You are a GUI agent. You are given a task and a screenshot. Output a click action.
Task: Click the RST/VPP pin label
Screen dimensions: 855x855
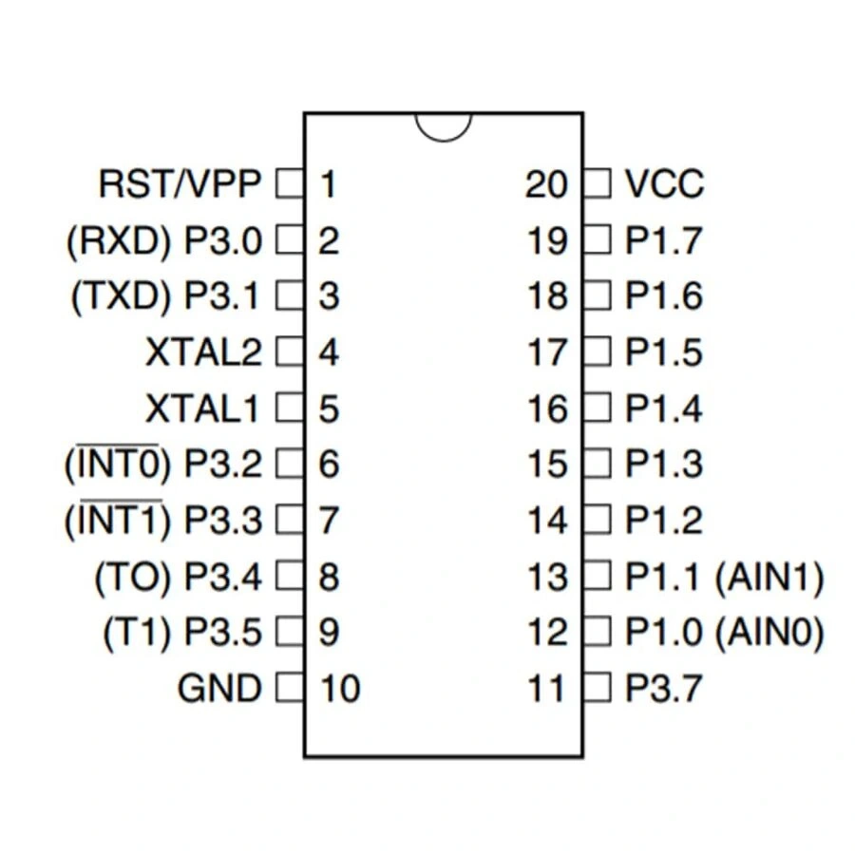(179, 183)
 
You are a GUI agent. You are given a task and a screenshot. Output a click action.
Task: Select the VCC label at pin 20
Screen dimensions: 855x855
(665, 183)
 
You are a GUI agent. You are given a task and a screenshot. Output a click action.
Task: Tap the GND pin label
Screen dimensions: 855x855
(218, 688)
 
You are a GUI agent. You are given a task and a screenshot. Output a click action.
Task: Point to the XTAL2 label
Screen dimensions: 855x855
(202, 352)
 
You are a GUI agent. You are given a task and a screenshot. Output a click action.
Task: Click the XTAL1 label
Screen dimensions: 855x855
(202, 408)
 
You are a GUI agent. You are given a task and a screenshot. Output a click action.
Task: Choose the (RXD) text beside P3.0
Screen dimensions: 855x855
(118, 240)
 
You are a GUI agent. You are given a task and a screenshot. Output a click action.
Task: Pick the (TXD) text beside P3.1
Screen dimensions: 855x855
(120, 296)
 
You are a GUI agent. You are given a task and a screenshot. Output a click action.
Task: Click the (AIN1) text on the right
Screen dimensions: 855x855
(769, 576)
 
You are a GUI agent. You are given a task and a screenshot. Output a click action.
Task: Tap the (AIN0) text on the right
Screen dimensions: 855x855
(769, 632)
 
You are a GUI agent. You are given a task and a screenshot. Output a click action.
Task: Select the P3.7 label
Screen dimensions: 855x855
(664, 688)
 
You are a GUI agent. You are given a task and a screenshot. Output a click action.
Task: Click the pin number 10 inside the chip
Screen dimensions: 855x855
(339, 688)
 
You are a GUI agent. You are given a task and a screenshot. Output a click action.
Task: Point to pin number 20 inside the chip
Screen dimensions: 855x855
(546, 183)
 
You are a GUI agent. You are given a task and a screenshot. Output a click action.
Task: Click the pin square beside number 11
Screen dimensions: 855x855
(598, 687)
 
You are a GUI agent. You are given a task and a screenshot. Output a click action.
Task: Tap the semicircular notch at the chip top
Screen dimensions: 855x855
(444, 126)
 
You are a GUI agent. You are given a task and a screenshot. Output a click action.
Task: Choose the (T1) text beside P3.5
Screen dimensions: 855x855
(134, 632)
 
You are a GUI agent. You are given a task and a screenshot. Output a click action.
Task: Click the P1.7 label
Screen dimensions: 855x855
(664, 240)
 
